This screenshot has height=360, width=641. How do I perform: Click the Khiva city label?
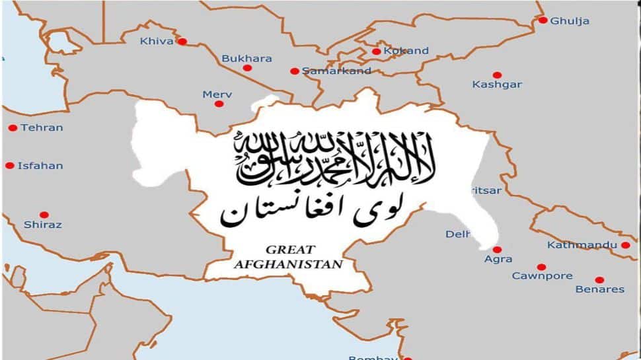coord(157,42)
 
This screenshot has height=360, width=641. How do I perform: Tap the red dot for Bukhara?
coord(247,67)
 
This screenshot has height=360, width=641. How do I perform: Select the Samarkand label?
coord(336,71)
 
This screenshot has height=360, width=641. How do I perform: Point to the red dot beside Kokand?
coord(376,51)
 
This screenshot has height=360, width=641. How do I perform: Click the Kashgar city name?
coord(497,85)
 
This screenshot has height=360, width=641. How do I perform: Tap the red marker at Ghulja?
coord(543,20)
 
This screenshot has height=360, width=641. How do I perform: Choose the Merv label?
coord(217,94)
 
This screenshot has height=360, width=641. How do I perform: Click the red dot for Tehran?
coord(13,127)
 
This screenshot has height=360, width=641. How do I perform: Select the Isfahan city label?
coord(40,166)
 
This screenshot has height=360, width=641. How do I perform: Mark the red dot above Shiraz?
coord(44,215)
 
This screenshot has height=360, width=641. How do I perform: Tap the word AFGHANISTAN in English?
coord(289,264)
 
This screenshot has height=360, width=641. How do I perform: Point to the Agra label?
coord(498,260)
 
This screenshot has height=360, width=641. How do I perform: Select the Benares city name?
coord(600,289)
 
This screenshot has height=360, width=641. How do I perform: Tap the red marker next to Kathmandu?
coord(625,245)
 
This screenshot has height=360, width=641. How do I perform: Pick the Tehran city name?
coord(42,127)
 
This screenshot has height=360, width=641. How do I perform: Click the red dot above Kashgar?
coord(497,75)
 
